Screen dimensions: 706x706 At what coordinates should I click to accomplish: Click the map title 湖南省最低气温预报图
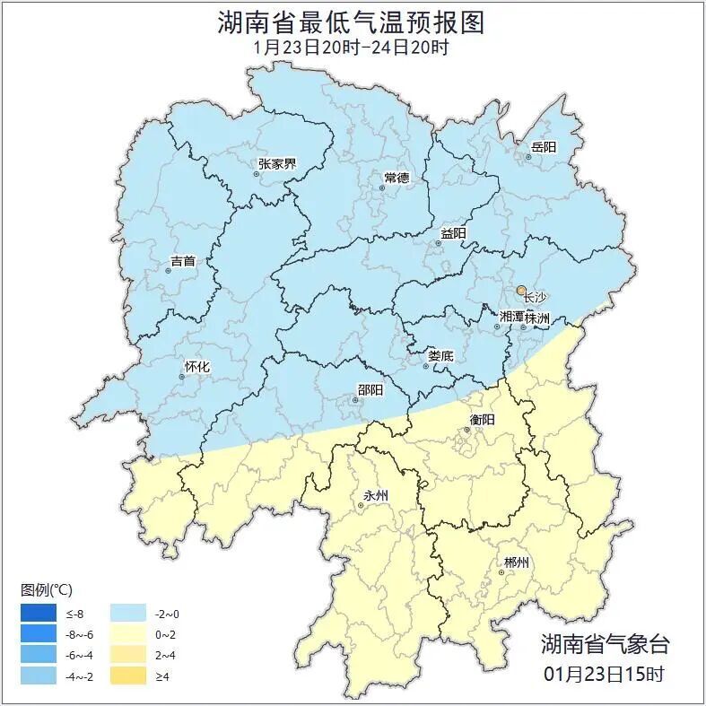tap(352, 22)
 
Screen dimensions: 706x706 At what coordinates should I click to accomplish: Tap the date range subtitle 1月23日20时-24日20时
tap(352, 47)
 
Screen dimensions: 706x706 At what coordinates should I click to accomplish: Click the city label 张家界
tap(276, 163)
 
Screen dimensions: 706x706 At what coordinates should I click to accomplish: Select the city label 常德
tap(397, 178)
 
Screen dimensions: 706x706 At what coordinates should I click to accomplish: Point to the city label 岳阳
tap(544, 146)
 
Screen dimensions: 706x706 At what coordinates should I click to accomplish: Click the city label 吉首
tap(183, 261)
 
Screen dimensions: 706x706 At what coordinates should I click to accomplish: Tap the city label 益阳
tap(453, 233)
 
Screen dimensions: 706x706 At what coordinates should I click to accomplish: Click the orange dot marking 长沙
tap(521, 291)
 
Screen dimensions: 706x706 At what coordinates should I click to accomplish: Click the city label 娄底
tap(440, 355)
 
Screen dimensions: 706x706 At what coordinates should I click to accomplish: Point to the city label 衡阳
tap(482, 419)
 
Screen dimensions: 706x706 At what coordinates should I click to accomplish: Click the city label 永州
tap(376, 494)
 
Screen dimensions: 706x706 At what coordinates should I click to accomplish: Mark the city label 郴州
tap(516, 562)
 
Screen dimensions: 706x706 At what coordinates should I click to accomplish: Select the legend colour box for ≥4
tap(128, 675)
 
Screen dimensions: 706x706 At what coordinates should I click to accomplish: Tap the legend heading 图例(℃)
tap(47, 589)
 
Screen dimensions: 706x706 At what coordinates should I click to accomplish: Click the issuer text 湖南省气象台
tap(604, 643)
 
